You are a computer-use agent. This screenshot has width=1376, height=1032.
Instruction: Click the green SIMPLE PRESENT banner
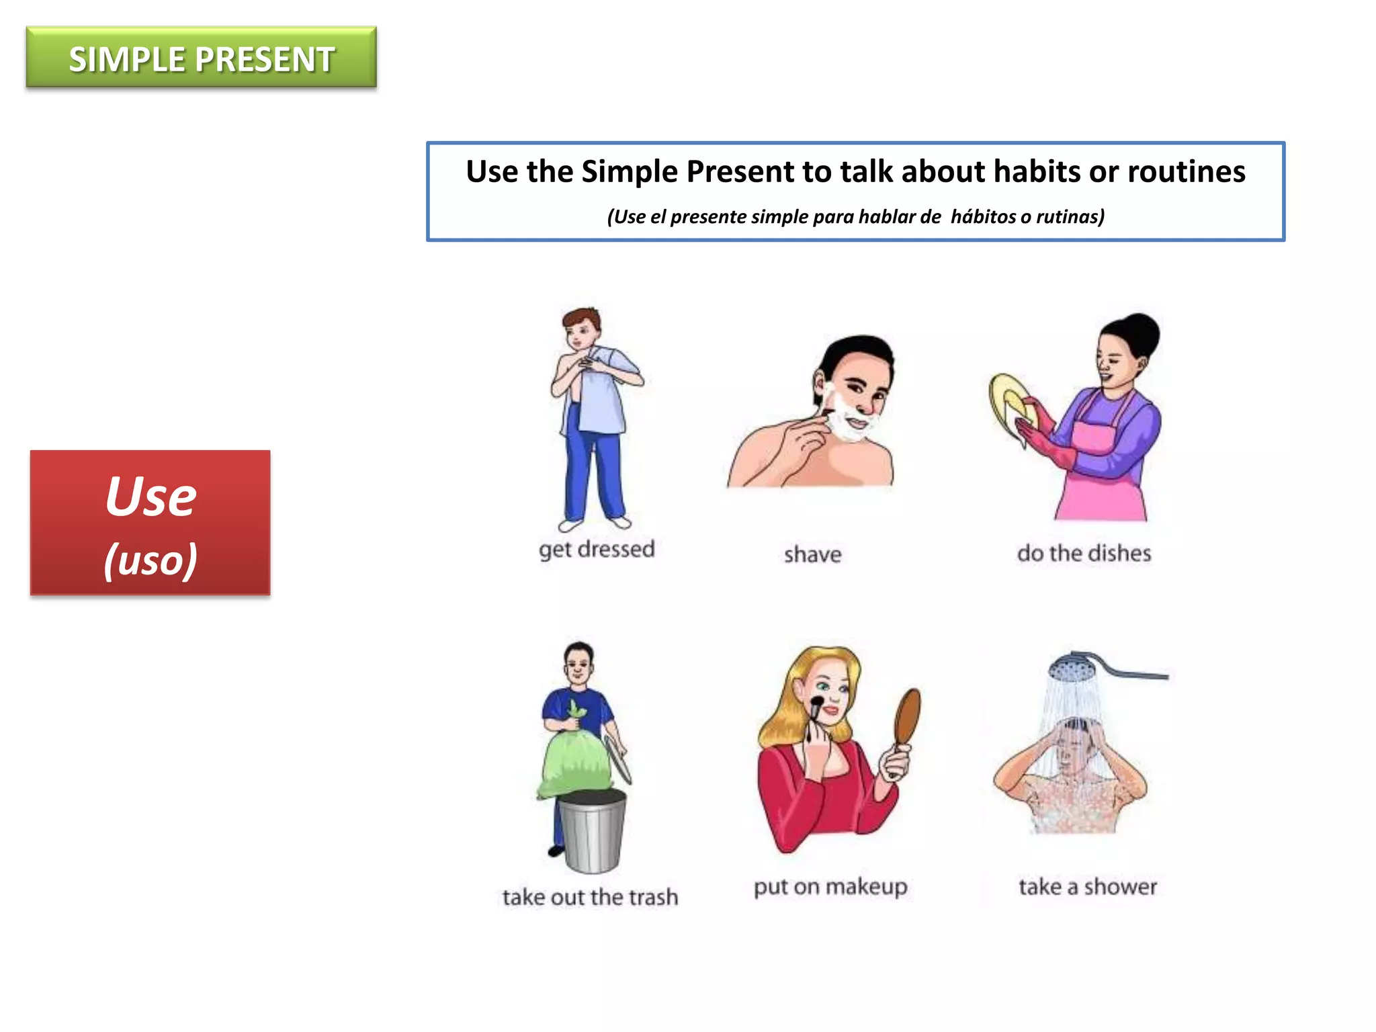click(x=201, y=58)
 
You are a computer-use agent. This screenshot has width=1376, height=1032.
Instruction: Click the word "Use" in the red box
click(x=150, y=497)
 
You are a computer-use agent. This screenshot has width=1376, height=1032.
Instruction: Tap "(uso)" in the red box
click(x=150, y=560)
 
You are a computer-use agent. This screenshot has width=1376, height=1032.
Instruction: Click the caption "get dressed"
click(x=597, y=550)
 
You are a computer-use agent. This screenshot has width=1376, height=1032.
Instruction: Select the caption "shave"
click(x=812, y=555)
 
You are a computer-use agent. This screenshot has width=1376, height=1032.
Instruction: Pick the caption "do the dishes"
click(x=1084, y=554)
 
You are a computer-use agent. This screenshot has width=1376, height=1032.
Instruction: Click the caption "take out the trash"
click(x=590, y=898)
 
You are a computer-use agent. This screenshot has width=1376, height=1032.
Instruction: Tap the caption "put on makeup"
click(x=830, y=887)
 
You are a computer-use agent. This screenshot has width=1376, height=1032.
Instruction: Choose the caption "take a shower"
click(x=1088, y=887)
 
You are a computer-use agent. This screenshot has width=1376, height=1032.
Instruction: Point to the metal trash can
click(x=592, y=833)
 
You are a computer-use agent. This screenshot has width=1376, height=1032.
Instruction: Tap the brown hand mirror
click(x=907, y=719)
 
